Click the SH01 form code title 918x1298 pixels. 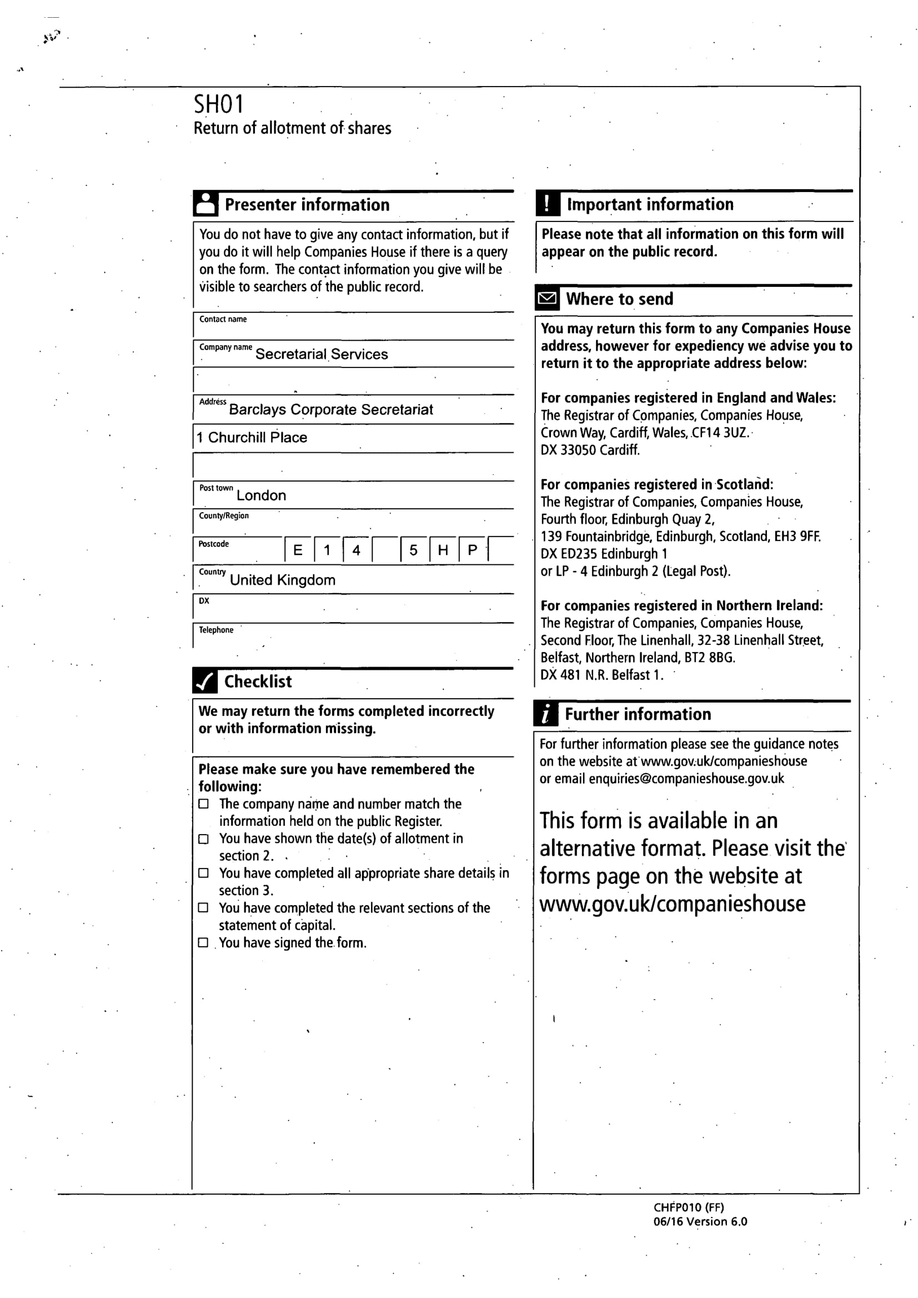pos(218,104)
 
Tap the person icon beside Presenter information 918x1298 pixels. pos(206,204)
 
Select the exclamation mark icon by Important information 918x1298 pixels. pos(548,204)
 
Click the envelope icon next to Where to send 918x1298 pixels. pos(547,299)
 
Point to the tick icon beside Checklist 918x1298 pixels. pos(205,681)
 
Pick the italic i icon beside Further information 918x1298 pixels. pos(546,714)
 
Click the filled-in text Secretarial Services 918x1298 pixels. pos(321,355)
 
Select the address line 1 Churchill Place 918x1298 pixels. pos(252,437)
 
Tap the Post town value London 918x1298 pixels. pos(261,496)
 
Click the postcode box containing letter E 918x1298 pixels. pos(298,550)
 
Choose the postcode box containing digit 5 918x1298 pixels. pos(414,550)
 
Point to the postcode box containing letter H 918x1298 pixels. pos(443,550)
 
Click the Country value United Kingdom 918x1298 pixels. pos(282,580)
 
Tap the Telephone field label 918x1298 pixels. pos(216,630)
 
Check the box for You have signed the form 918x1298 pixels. pos(204,942)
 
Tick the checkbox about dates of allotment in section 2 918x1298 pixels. pos(204,839)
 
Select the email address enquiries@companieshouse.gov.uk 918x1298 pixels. pos(686,779)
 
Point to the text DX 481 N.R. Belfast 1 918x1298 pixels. pos(601,675)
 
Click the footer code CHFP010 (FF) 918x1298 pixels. pos(688,1208)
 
